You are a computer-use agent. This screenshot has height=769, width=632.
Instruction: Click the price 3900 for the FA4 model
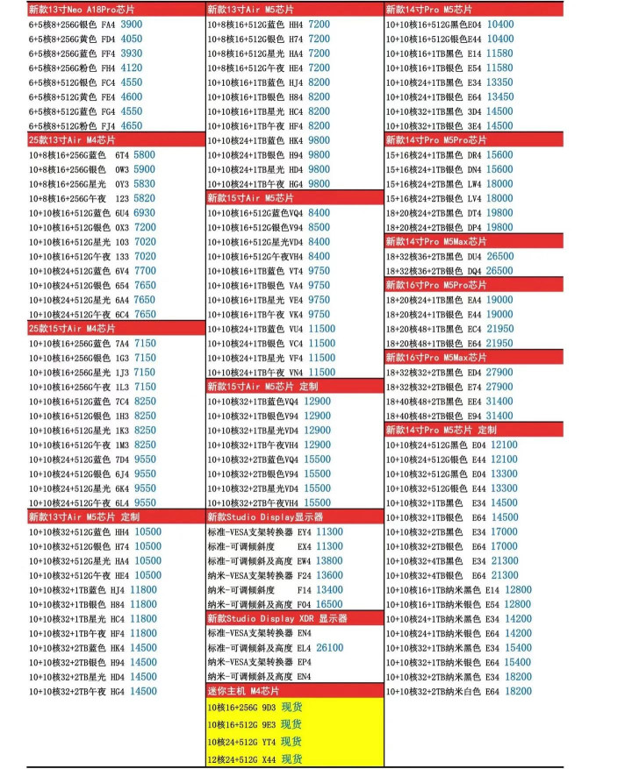pyautogui.click(x=131, y=25)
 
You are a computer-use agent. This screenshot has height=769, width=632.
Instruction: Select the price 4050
pyautogui.click(x=131, y=39)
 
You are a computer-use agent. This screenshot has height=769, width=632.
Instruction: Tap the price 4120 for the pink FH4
pyautogui.click(x=131, y=68)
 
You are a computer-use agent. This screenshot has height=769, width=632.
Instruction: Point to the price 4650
pyautogui.click(x=131, y=125)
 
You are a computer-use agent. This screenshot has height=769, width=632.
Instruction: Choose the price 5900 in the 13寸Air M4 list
pyautogui.click(x=143, y=169)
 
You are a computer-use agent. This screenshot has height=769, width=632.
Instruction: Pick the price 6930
pyautogui.click(x=144, y=212)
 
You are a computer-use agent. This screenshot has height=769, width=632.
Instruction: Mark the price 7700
pyautogui.click(x=144, y=271)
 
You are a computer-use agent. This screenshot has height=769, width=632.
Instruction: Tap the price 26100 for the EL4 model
pyautogui.click(x=329, y=647)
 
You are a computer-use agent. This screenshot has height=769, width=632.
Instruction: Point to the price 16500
pyautogui.click(x=329, y=604)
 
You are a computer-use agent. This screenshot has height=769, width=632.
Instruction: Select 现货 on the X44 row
pyautogui.click(x=291, y=758)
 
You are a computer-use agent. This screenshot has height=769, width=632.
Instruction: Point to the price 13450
pyautogui.click(x=499, y=96)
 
